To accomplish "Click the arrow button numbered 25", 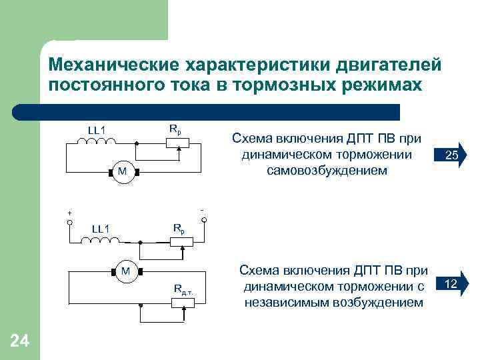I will pos(453,156).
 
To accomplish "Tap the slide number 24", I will pos(20,341).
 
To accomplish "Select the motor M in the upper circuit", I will pos(122,173).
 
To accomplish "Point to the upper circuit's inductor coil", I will pos(97,141).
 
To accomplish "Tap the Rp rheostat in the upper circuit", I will pos(179,142).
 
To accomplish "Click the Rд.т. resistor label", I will pos(184,289).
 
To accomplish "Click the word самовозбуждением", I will pos(327,171).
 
